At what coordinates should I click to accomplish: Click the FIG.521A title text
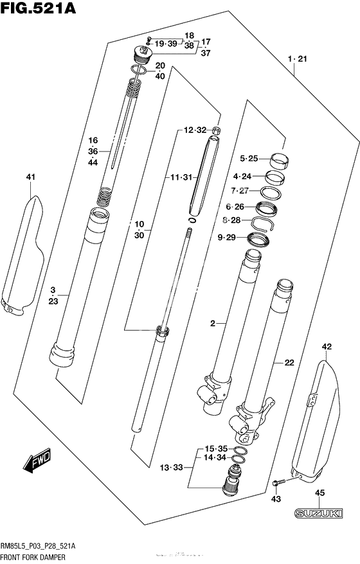[x=38, y=7]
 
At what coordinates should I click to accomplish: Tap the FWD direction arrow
[x=37, y=461]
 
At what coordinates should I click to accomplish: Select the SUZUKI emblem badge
[x=318, y=512]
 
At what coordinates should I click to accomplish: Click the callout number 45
[x=319, y=493]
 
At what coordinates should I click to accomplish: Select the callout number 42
[x=327, y=347]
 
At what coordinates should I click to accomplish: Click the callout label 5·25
[x=249, y=158]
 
